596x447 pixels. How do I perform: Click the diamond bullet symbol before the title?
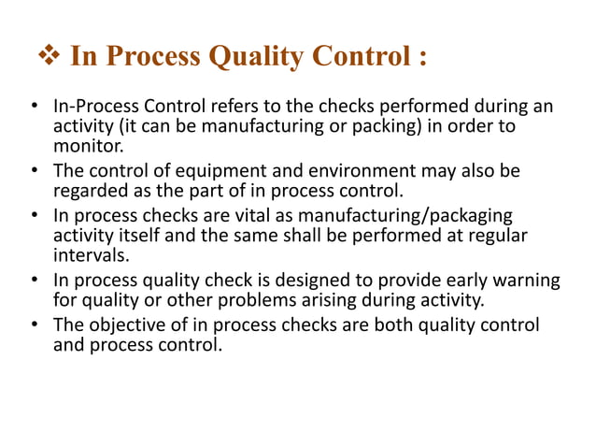pyautogui.click(x=49, y=57)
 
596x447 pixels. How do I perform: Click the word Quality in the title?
pyautogui.click(x=251, y=57)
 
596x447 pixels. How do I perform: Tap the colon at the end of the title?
pyautogui.click(x=421, y=57)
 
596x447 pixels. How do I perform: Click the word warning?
pyautogui.click(x=527, y=281)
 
